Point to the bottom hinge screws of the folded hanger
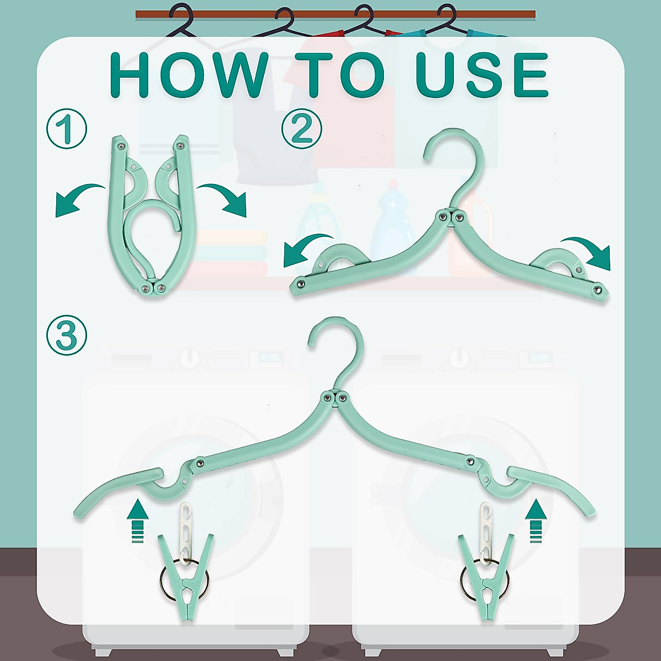(152, 288)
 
